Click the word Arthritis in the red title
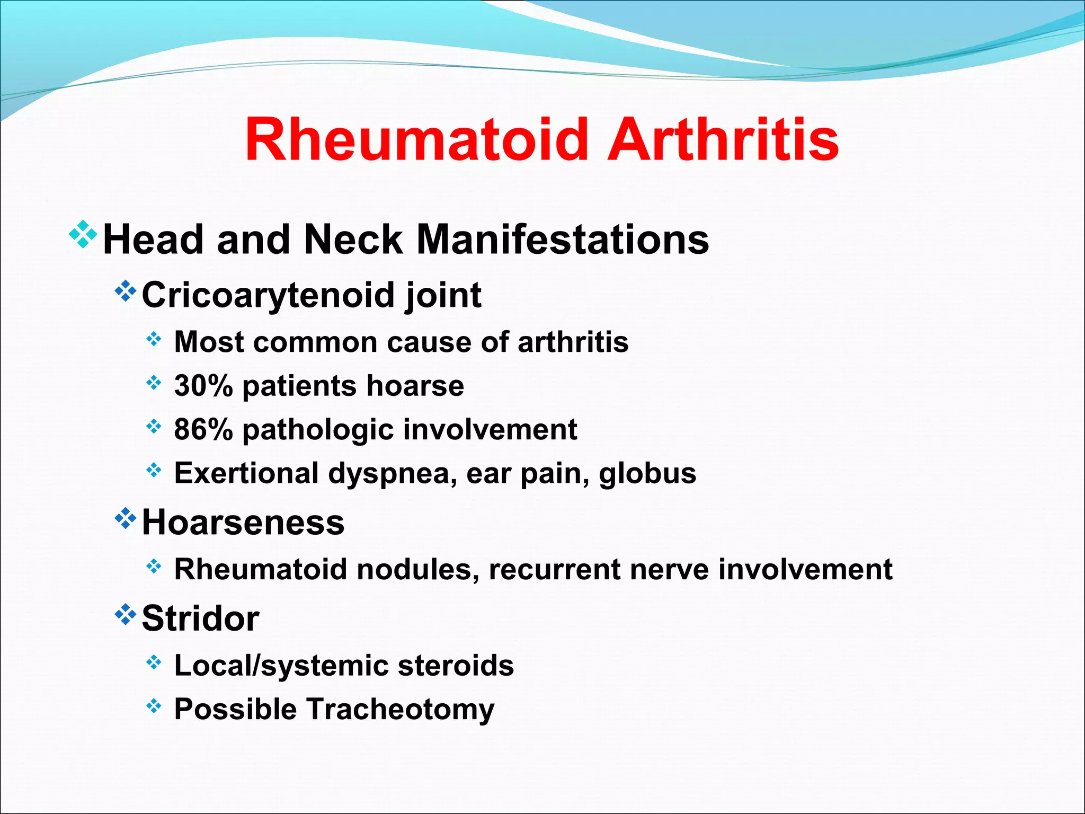point(723,139)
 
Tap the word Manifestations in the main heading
point(563,240)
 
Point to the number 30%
point(203,386)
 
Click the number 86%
point(203,429)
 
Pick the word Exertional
point(246,473)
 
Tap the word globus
point(647,473)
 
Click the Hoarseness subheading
point(243,523)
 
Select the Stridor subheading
point(200,618)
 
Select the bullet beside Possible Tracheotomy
point(154,705)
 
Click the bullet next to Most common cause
point(154,339)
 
